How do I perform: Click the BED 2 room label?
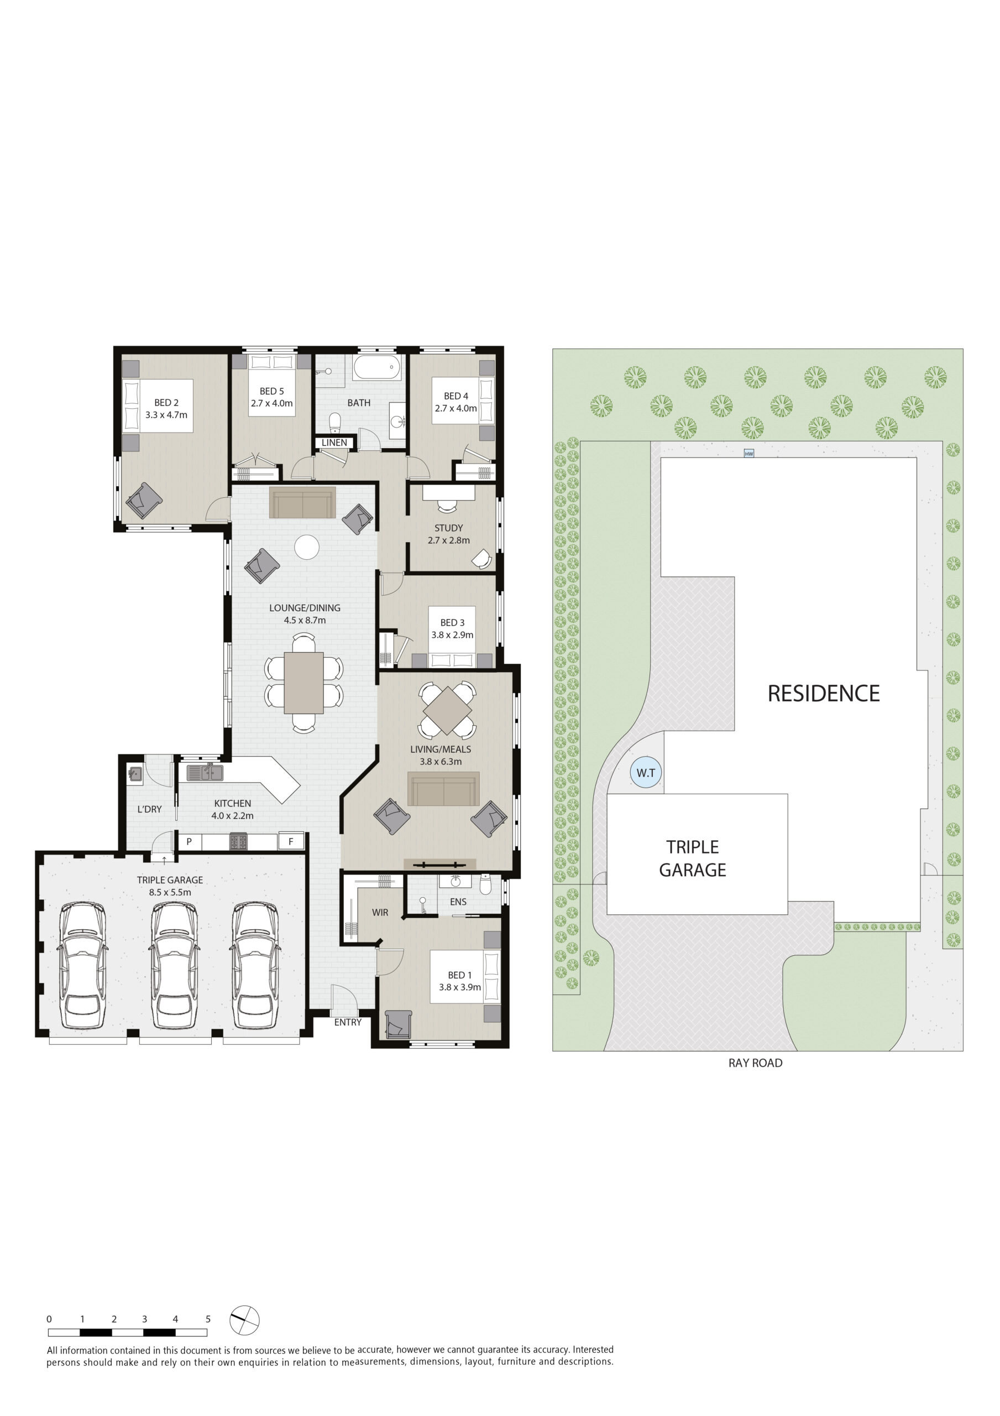[x=166, y=403]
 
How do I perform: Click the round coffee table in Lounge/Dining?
[x=306, y=547]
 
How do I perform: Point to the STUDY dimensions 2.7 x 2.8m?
[x=449, y=540]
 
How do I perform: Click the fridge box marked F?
[x=291, y=841]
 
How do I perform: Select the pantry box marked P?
[x=189, y=841]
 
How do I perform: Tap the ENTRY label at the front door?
[x=348, y=1022]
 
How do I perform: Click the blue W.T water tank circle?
[x=646, y=772]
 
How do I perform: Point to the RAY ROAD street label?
[x=755, y=1063]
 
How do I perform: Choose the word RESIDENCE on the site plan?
[x=823, y=693]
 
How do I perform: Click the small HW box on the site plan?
[x=749, y=454]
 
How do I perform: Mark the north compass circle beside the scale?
[x=245, y=1320]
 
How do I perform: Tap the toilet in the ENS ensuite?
[x=485, y=884]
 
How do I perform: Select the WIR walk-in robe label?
[x=380, y=912]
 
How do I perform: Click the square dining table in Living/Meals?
[x=448, y=709]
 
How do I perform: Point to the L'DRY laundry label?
[x=149, y=809]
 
